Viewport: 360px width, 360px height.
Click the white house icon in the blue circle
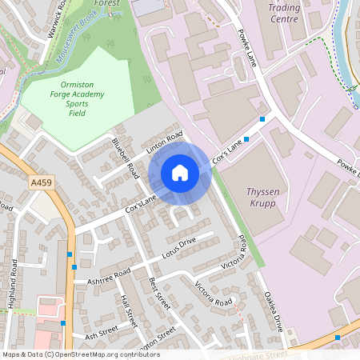(180, 173)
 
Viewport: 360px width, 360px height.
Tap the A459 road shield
(42, 183)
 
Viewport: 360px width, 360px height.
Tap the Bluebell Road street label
(126, 158)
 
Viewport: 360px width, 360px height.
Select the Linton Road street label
(165, 143)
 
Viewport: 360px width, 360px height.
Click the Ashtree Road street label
(109, 277)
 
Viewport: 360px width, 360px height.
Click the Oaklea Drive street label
(274, 311)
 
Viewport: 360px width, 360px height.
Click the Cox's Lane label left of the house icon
(139, 202)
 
